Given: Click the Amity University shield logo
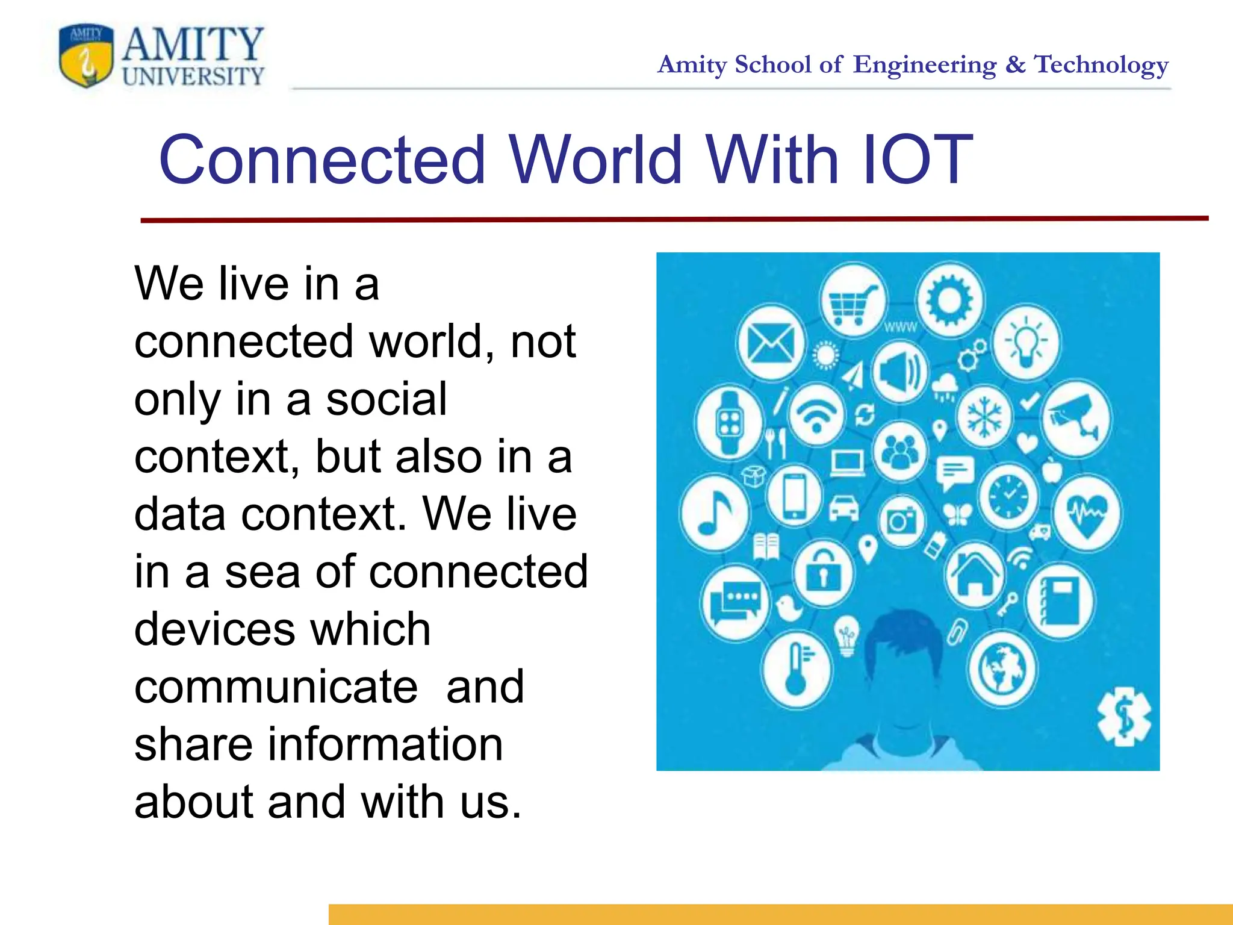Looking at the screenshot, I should coord(86,56).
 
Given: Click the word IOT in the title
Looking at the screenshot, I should coord(916,160).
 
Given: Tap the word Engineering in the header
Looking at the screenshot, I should coord(925,64).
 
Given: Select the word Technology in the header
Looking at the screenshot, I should coord(1101,64).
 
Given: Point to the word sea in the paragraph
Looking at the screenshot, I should coord(262,572).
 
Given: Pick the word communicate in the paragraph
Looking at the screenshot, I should coord(276,687).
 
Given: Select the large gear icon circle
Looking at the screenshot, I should coord(949,299).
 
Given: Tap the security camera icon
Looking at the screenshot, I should coord(1076,417).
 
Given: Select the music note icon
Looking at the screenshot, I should coord(715,513).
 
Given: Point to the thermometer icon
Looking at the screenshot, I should coord(797,668).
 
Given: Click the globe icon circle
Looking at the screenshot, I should coord(1002,668).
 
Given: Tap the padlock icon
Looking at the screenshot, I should coord(823,572).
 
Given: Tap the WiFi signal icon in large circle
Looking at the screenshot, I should coord(816,416).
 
